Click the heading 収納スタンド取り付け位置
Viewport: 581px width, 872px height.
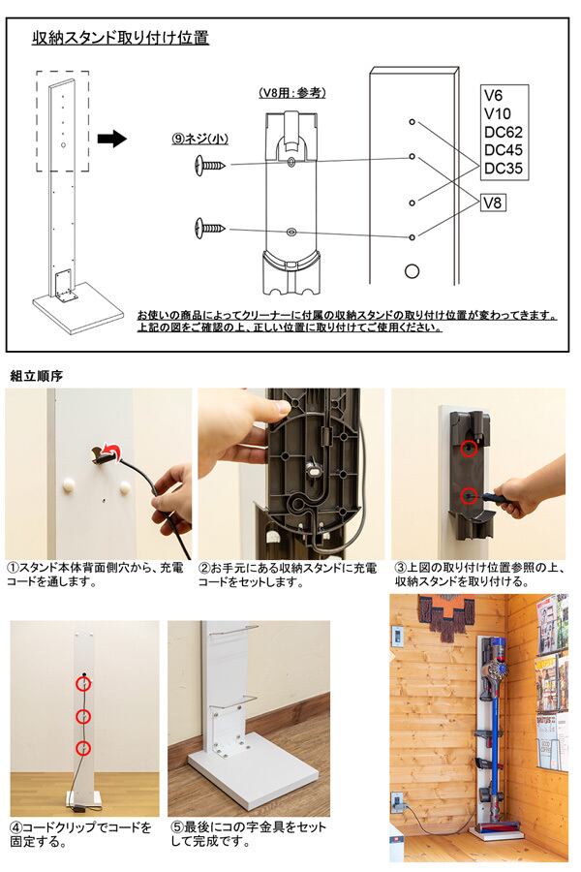tap(121, 38)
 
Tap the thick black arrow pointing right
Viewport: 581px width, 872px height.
tap(111, 138)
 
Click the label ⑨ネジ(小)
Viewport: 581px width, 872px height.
tap(200, 139)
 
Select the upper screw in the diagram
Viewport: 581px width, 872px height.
tap(210, 165)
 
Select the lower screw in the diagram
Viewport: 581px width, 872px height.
tap(210, 228)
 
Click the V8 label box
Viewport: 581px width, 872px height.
tap(493, 202)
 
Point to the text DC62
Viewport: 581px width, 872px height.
tap(504, 132)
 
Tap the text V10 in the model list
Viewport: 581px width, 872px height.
tap(497, 113)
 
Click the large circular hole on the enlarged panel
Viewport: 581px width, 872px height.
tap(412, 271)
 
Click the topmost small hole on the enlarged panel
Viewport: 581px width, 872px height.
tap(412, 122)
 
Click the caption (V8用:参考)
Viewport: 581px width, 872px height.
tap(291, 93)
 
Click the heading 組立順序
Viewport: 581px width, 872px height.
tap(37, 376)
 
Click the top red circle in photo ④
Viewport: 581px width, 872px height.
tap(83, 683)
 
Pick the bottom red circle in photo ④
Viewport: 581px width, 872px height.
tap(83, 748)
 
